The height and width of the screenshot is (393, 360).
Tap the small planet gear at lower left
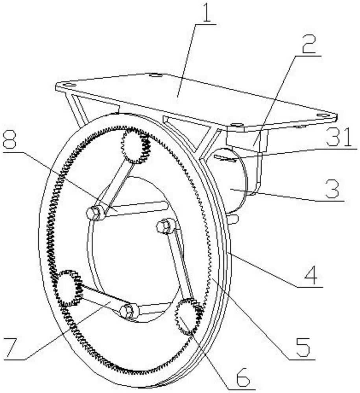68,288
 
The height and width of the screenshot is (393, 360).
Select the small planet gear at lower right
189,316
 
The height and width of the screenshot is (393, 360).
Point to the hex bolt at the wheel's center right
164,226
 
